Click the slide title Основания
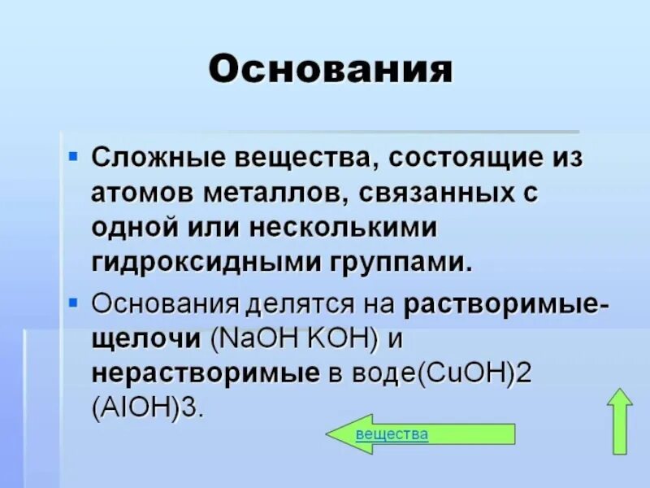coord(331,70)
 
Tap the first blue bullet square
coord(73,153)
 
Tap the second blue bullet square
coord(73,303)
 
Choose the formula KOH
coord(341,340)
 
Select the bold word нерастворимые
coord(204,373)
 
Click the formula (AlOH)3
coord(146,406)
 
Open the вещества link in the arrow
coord(392,434)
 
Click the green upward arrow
coord(620,421)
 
